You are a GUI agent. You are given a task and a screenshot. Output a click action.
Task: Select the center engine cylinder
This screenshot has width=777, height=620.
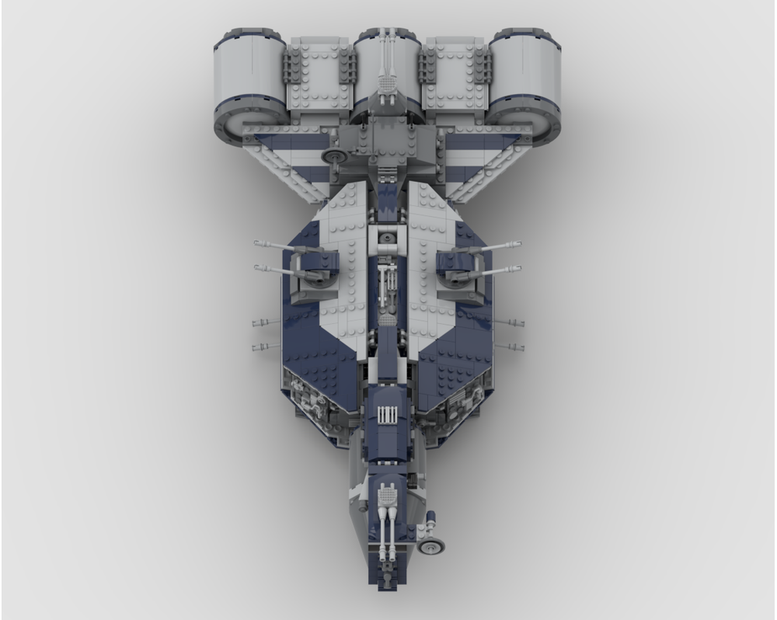pyautogui.click(x=388, y=74)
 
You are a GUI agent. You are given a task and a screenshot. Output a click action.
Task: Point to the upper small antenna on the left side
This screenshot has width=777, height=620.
pyautogui.click(x=264, y=322)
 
